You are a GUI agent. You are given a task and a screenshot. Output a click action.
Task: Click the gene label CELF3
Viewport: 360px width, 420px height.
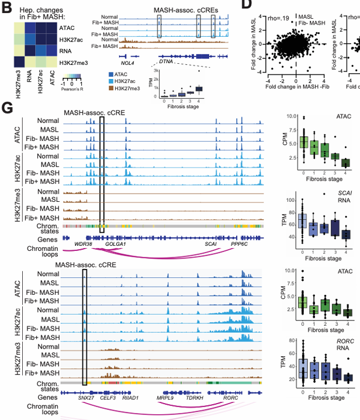[x=109, y=397]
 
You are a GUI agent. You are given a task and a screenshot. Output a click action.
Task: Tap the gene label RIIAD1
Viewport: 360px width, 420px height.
[x=130, y=397]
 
